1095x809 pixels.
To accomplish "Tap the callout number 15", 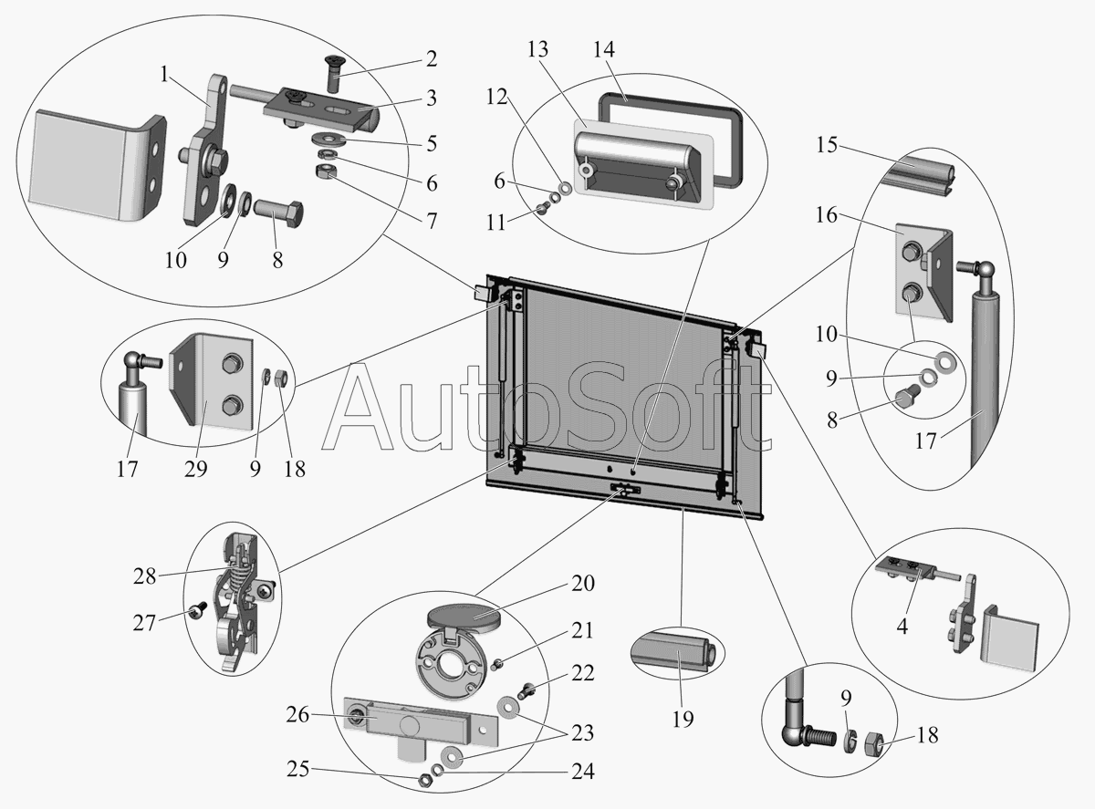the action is (x=827, y=145).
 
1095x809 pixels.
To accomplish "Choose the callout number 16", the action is (x=827, y=216).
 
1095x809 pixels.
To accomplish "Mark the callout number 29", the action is (x=195, y=469).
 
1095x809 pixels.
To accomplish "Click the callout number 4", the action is (x=902, y=627).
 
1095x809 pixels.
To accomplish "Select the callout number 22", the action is (x=584, y=673).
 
